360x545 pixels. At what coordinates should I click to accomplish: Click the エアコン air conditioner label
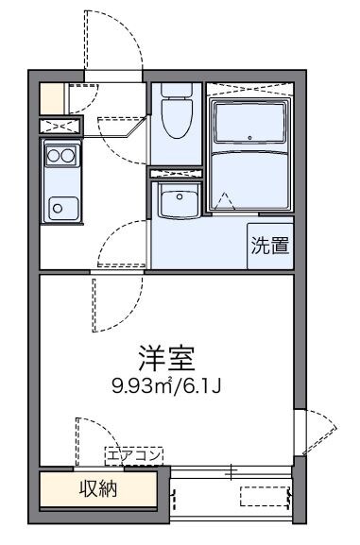point(133,455)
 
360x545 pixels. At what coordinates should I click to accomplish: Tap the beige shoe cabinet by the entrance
point(52,97)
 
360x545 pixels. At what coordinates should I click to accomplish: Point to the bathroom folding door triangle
point(224,200)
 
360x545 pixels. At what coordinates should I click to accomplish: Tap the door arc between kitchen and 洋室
point(118,241)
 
